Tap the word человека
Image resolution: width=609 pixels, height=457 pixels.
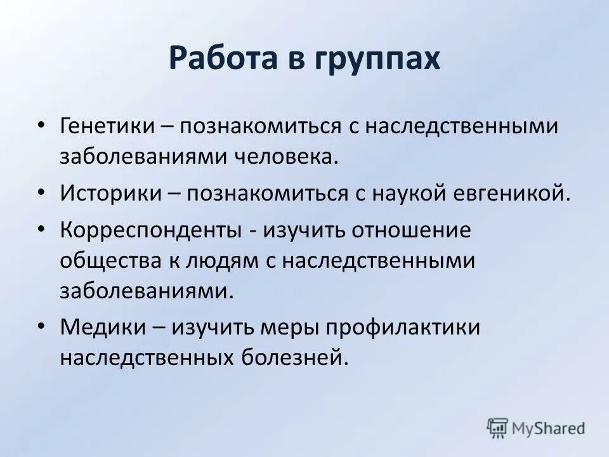[297, 157]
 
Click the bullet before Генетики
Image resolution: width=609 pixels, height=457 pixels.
[41, 126]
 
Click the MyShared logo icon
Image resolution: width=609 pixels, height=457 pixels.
[498, 428]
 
